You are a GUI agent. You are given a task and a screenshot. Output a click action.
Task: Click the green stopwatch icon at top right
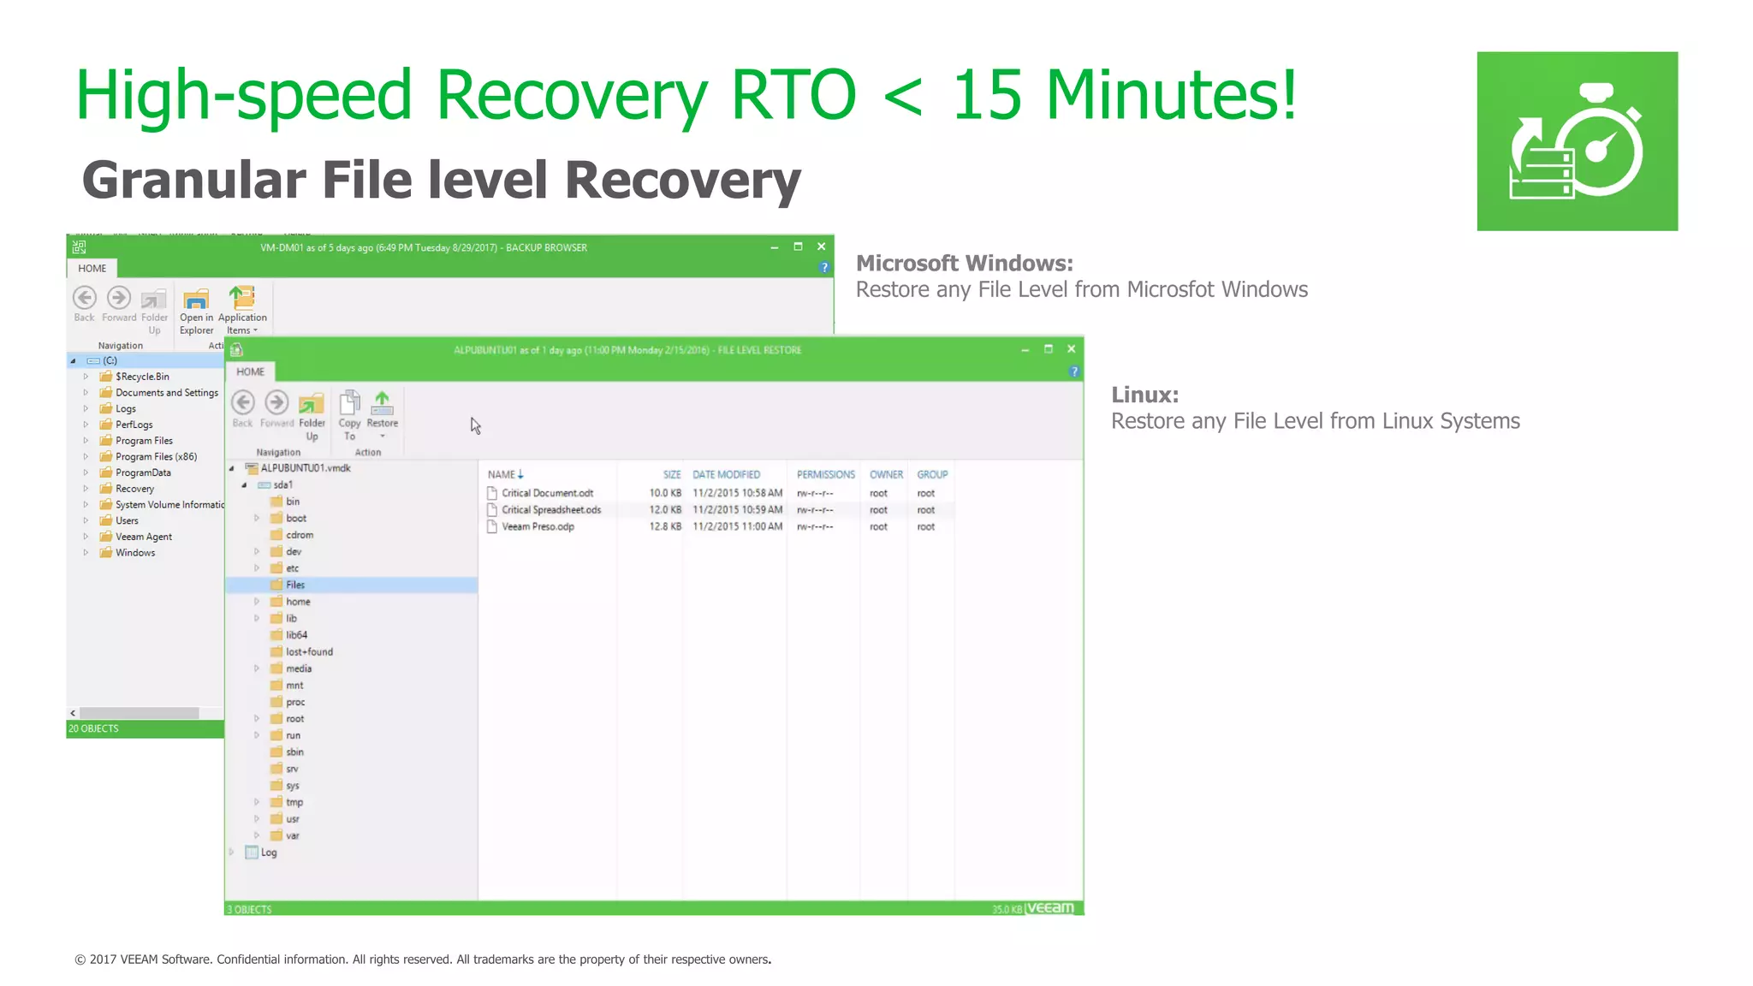pos(1577,141)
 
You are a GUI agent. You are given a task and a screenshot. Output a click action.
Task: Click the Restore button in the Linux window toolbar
pos(382,410)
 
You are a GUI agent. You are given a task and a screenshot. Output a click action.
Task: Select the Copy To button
pos(349,414)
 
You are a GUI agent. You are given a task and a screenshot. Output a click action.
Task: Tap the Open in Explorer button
pos(196,310)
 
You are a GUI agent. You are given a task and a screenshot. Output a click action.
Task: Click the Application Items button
pos(242,310)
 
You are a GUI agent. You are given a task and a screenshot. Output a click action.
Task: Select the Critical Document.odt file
pos(547,493)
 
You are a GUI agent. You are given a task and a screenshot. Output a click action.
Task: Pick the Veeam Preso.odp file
pos(538,526)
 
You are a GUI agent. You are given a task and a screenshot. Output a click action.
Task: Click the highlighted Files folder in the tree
pos(294,585)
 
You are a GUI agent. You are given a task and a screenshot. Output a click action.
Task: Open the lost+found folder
pos(309,651)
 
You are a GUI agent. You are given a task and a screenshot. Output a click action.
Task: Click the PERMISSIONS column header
pos(825,474)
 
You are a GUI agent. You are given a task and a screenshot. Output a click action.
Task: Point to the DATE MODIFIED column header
pos(726,474)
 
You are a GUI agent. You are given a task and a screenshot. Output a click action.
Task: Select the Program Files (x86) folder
pos(156,456)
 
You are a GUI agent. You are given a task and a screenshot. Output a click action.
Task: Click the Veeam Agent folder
pos(143,537)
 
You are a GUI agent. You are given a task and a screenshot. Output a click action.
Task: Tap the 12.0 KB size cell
pos(664,509)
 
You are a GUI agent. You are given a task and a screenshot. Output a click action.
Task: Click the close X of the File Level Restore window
pos(1071,349)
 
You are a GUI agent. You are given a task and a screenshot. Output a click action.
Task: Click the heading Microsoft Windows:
pos(964,263)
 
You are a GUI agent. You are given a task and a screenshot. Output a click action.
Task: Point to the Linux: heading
pos(1144,395)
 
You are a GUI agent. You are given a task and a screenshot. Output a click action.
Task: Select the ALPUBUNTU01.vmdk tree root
pos(305,468)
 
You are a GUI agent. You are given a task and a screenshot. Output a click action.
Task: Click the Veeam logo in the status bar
pos(1049,907)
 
